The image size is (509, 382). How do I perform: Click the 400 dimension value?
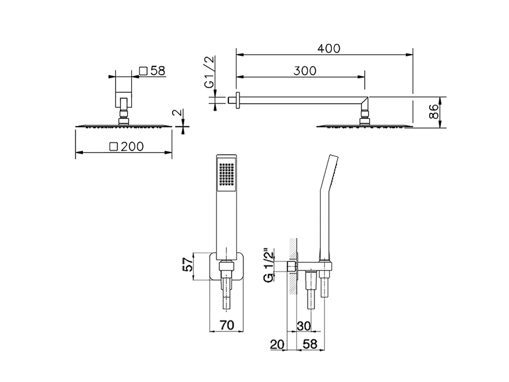[x=329, y=48]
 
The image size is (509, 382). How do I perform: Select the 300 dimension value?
[x=305, y=71]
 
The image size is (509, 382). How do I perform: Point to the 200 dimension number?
[x=132, y=146]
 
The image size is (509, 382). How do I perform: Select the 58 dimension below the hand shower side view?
[x=310, y=344]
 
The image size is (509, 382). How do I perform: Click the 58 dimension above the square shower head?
[x=157, y=71]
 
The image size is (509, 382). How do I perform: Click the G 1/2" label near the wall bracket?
[x=270, y=265]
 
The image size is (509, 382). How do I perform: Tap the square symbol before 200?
[x=114, y=146]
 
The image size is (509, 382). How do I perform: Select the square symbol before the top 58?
[x=144, y=71]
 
